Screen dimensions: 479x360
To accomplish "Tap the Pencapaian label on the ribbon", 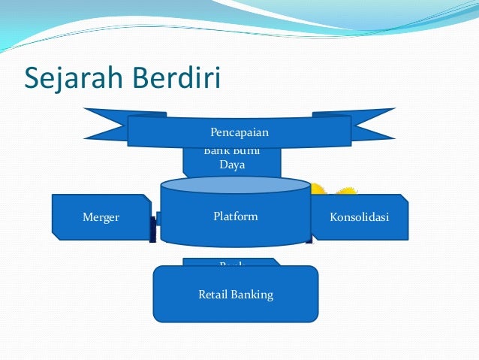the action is click(x=239, y=133).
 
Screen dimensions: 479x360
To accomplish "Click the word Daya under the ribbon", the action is click(x=232, y=165).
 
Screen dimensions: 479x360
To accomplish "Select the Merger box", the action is click(x=101, y=217).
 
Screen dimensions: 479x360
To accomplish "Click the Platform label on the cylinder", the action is click(x=235, y=216).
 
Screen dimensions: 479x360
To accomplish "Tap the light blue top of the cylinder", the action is click(x=235, y=185).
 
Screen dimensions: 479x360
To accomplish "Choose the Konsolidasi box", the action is click(x=360, y=217).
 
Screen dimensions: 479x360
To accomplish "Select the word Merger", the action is click(x=101, y=217).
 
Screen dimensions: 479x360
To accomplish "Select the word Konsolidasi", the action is click(x=360, y=217).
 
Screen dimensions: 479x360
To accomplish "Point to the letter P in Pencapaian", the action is click(x=214, y=133).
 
